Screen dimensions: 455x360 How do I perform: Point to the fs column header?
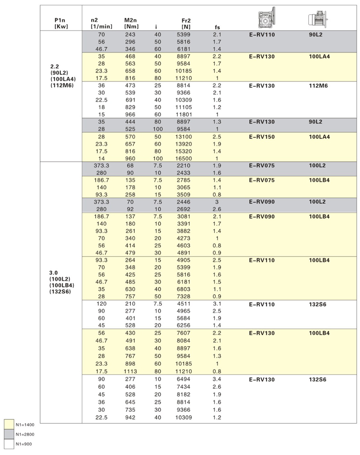[x=217, y=27]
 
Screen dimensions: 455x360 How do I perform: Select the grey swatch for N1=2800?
[x=9, y=435]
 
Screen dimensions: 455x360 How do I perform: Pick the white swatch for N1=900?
[x=9, y=445]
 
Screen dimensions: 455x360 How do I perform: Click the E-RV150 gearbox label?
[x=261, y=137]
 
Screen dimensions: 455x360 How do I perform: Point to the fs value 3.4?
[x=217, y=380]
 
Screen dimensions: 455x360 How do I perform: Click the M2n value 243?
[x=130, y=35]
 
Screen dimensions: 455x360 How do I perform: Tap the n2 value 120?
[x=102, y=305]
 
